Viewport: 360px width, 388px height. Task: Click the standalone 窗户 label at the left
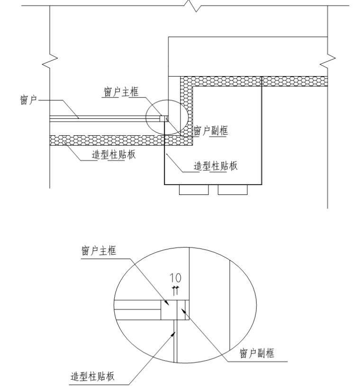point(28,100)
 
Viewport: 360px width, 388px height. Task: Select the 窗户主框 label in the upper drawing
point(121,92)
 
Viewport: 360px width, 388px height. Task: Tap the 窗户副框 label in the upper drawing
point(210,131)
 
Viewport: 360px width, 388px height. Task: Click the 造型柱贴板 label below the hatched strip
point(114,155)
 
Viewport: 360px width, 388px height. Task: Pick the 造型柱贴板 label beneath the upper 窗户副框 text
point(216,166)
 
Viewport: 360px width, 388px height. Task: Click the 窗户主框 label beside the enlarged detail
point(99,251)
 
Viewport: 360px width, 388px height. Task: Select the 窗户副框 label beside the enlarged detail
point(257,353)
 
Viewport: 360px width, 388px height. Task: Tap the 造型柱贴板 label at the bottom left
point(92,376)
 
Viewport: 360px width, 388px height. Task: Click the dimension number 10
point(175,278)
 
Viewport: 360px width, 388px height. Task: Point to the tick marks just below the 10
point(175,291)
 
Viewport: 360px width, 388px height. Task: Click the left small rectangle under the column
point(194,190)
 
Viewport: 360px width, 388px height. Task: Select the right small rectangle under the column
point(233,190)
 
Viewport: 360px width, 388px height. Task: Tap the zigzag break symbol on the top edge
point(193,6)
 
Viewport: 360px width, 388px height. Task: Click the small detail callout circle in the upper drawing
point(167,117)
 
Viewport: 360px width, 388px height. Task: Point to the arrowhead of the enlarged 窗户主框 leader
point(168,303)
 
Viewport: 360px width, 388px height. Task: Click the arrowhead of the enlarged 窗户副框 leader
point(183,310)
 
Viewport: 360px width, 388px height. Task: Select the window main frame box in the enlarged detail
point(169,310)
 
